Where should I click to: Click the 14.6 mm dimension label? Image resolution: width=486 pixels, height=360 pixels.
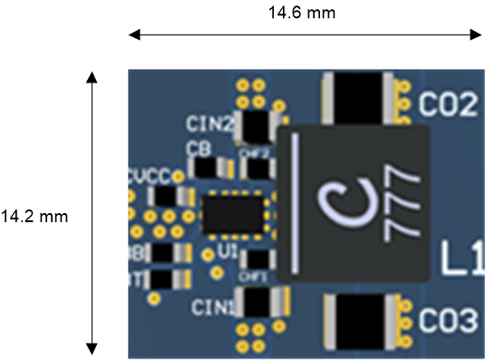(303, 13)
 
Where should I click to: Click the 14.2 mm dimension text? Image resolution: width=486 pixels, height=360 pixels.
(34, 216)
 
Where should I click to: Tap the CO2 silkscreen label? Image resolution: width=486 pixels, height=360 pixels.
(448, 105)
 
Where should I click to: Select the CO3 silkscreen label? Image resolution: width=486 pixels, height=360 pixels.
(448, 320)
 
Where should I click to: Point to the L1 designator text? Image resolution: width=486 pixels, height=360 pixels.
(462, 259)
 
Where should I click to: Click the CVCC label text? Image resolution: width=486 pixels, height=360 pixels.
(145, 176)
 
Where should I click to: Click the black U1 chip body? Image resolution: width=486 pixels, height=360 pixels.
(233, 215)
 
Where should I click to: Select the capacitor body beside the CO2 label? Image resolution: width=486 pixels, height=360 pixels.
(359, 96)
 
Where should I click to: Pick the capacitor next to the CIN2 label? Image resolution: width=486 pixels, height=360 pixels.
(258, 125)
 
